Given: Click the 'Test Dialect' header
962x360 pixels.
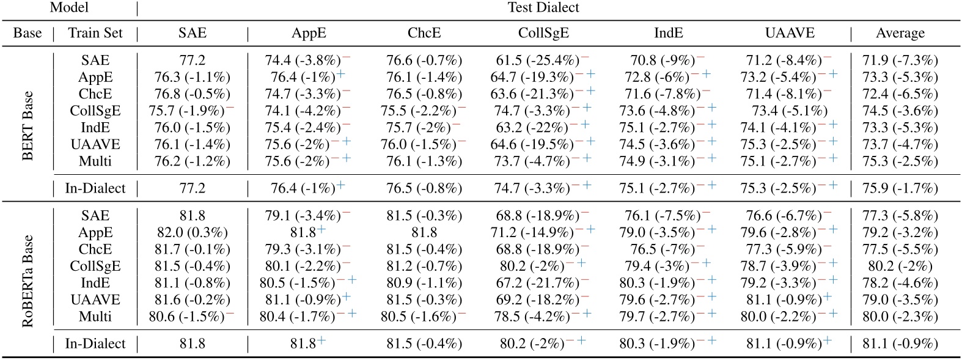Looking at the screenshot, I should (x=543, y=8).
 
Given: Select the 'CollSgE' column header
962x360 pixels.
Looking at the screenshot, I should (x=543, y=33).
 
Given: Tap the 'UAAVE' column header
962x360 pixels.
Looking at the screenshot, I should (x=790, y=33).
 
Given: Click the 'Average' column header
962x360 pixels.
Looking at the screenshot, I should (x=900, y=33).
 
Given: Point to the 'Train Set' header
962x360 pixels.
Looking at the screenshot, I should (x=95, y=33).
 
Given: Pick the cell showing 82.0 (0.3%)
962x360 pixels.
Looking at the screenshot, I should (x=192, y=233).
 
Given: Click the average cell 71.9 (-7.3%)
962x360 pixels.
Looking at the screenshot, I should (x=900, y=61).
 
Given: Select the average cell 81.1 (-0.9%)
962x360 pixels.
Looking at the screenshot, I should (x=900, y=343).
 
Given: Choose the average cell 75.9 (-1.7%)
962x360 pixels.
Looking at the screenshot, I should (x=900, y=188).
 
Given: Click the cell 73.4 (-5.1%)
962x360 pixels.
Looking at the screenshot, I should (x=790, y=111).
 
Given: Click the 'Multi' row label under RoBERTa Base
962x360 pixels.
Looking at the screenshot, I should (x=95, y=317).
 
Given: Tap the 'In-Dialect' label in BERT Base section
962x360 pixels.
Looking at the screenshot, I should (x=95, y=188).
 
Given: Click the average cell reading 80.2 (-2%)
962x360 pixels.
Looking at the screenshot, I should (x=900, y=266).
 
